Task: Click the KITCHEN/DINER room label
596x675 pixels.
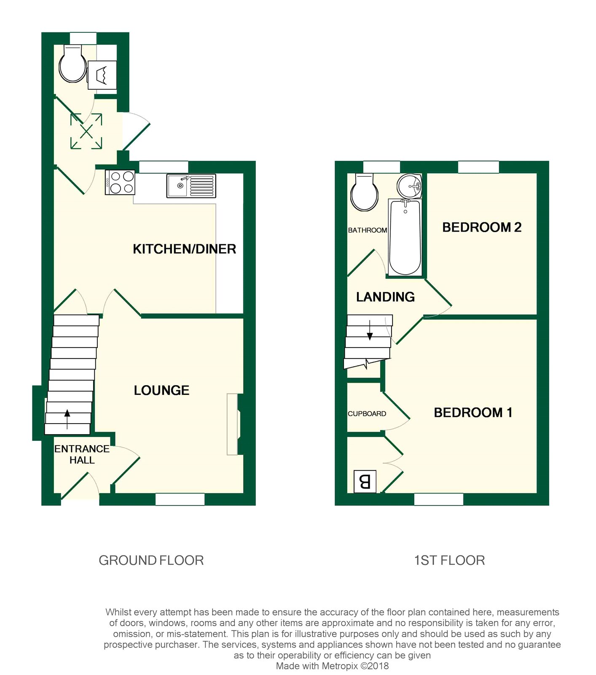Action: pos(184,249)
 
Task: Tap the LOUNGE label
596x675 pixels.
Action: pos(161,390)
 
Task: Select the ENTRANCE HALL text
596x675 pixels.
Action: pos(82,454)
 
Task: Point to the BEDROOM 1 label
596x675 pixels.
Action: pos(473,412)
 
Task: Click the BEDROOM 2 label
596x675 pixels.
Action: pos(482,227)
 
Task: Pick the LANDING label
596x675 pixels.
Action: pos(385,297)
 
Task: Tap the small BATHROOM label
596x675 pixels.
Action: pos(368,230)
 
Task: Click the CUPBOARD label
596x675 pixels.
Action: pos(367,413)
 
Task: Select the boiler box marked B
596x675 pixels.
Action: pos(365,481)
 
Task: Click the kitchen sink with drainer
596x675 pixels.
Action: pos(191,186)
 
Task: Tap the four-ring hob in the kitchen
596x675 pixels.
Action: pos(120,182)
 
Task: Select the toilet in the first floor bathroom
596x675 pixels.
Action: pos(365,193)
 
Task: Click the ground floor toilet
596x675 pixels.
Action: pos(72,65)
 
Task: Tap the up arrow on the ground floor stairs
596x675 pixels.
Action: pos(67,418)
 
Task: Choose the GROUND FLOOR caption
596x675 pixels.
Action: pos(151,560)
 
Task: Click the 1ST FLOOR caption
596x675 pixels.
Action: pos(449,560)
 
